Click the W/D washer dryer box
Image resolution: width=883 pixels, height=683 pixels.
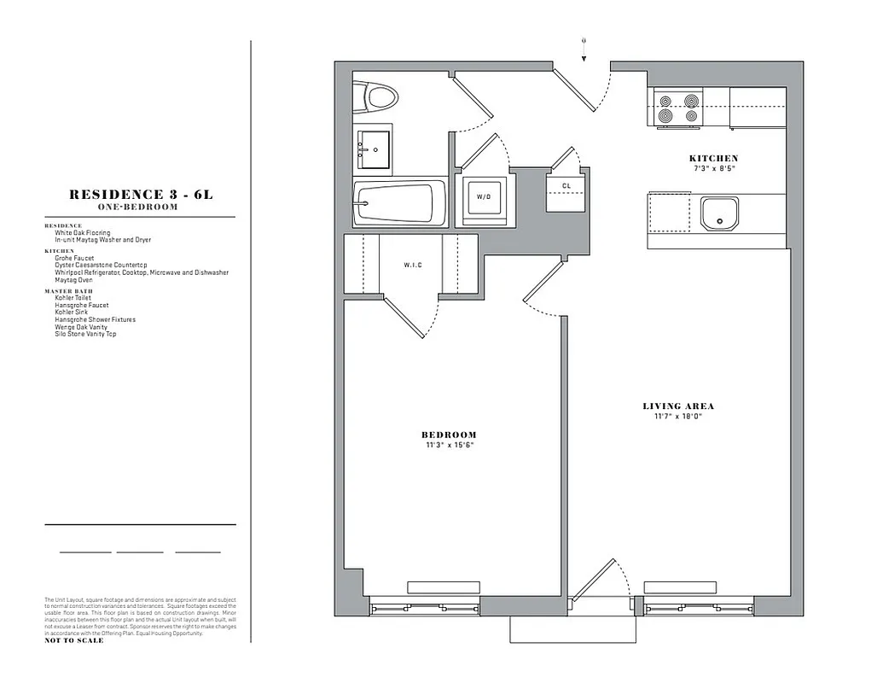coord(484,198)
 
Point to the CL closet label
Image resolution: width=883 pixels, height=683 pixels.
coord(566,186)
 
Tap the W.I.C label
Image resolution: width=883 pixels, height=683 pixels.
coord(413,266)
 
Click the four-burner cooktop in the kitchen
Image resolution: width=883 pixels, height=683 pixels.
coord(677,108)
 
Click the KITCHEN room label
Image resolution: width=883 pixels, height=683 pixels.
coord(713,159)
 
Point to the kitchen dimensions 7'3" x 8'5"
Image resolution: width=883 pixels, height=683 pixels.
coord(713,168)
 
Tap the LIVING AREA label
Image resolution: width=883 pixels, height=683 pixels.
coord(678,406)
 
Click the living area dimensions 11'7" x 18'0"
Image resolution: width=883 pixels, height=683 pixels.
coord(678,417)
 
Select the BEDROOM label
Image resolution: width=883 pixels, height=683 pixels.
coord(449,435)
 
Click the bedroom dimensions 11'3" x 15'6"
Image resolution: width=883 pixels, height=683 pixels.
coord(449,446)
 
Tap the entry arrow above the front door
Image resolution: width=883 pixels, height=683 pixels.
coord(584,48)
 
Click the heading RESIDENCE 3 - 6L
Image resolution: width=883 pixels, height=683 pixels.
coord(141,195)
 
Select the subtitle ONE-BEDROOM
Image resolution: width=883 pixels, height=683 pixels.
coord(141,207)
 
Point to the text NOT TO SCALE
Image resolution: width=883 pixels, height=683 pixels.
coord(74,640)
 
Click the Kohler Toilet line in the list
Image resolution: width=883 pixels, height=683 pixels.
coord(73,298)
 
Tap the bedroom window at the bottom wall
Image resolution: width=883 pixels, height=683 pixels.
coord(425,607)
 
